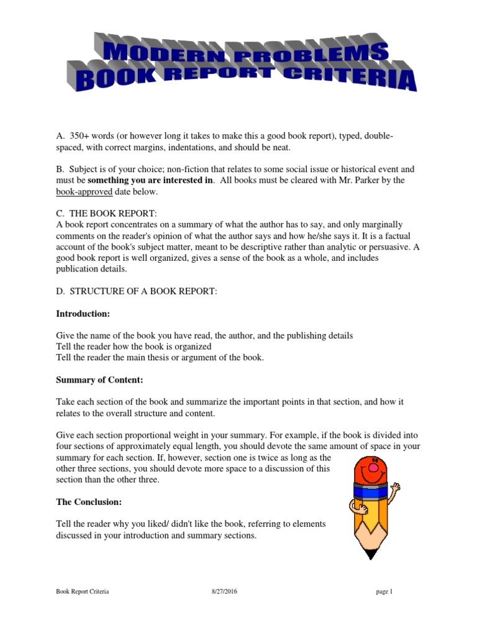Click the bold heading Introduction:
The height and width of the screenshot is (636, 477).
tap(83, 314)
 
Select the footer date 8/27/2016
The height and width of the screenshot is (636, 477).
tap(224, 592)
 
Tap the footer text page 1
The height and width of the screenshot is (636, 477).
tap(384, 592)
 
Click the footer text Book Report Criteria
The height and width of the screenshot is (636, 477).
tap(83, 592)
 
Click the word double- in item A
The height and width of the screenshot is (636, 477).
tap(376, 136)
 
